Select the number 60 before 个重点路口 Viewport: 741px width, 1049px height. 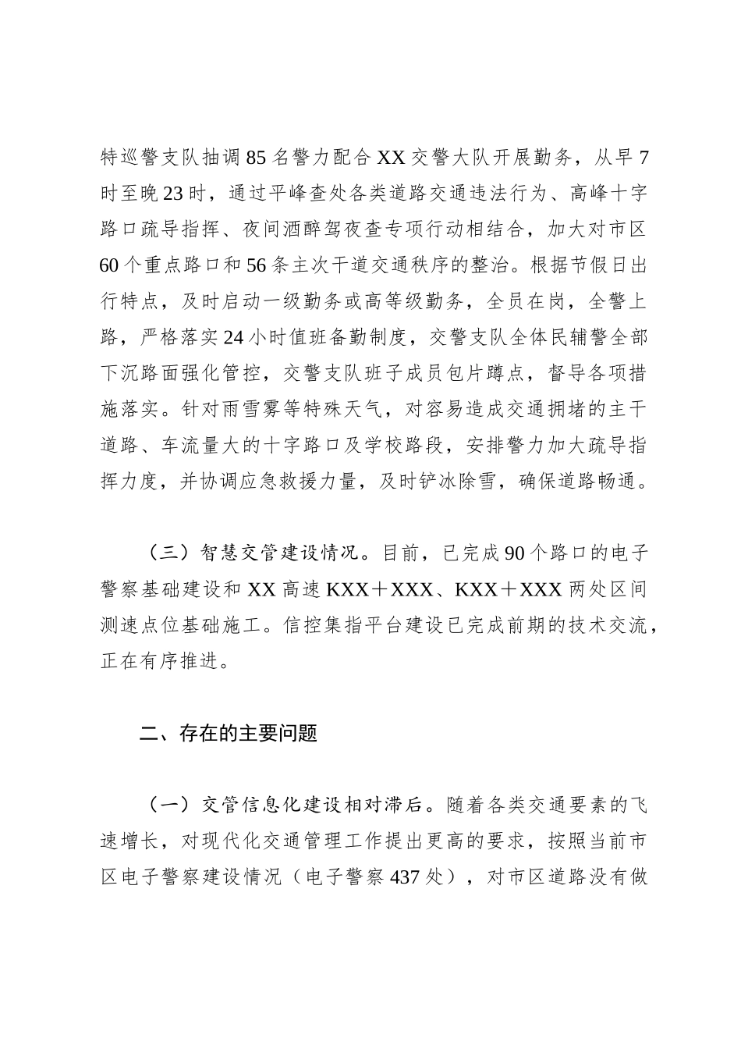point(110,266)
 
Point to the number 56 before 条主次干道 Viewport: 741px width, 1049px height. point(257,266)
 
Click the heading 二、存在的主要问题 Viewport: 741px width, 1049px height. point(228,733)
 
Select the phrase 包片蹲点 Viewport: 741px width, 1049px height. point(485,374)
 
